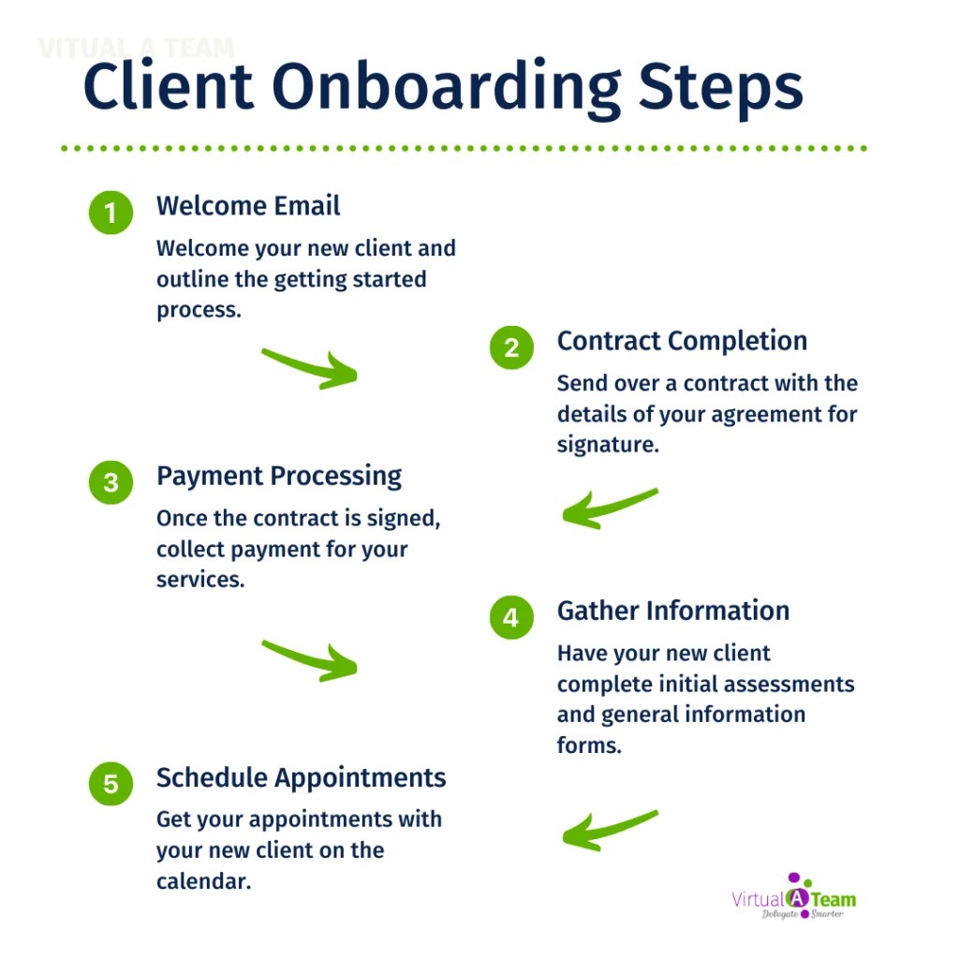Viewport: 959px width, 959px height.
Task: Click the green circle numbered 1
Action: (x=111, y=213)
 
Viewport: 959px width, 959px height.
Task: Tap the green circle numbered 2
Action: (x=511, y=347)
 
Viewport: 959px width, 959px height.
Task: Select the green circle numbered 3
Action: (x=111, y=482)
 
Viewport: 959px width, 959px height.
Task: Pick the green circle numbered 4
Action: (x=511, y=617)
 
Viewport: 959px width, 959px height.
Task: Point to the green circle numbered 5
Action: (x=111, y=783)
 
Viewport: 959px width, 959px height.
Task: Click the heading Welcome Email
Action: (x=248, y=206)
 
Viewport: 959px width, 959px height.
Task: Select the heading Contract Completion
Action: (x=682, y=341)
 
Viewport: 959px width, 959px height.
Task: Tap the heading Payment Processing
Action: (x=279, y=476)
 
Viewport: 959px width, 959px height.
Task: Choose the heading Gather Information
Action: (x=673, y=611)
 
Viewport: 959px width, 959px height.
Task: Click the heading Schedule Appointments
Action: (x=301, y=777)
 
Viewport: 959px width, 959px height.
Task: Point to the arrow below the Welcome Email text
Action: (x=310, y=367)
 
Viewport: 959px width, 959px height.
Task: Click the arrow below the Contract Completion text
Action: (x=609, y=508)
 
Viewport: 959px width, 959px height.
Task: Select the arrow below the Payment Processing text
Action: (x=310, y=659)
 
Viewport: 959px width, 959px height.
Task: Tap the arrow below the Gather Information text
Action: (x=609, y=830)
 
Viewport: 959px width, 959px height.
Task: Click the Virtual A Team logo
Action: (x=793, y=897)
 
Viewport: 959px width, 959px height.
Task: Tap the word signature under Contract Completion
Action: (x=608, y=444)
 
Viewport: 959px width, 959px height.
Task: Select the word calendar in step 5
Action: (x=203, y=881)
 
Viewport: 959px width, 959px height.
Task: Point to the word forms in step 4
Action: (x=589, y=746)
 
